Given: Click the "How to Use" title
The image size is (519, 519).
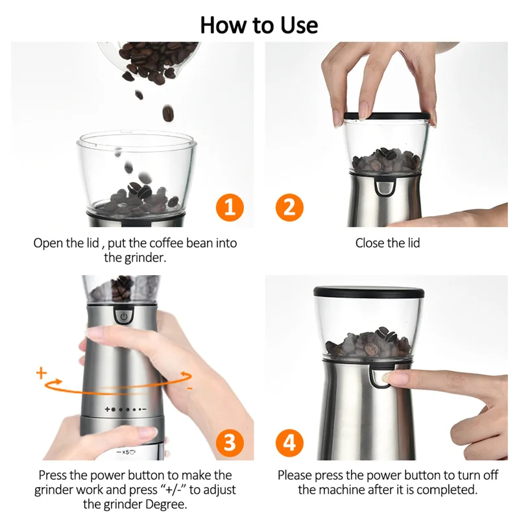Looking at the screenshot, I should [259, 25].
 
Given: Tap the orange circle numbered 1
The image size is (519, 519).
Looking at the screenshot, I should [229, 209].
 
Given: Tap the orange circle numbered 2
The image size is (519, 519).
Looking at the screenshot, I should [289, 209].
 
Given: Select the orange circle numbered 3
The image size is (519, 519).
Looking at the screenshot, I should [229, 442].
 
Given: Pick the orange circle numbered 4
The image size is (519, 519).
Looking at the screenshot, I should [289, 442].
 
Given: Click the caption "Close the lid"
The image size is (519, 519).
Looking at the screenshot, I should [387, 243].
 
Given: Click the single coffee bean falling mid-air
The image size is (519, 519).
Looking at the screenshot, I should [167, 114].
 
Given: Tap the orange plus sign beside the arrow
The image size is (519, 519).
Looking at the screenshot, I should [42, 373].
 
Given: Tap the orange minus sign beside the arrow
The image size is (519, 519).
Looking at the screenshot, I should [189, 387].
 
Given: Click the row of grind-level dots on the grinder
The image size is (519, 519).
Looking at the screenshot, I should [125, 410].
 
